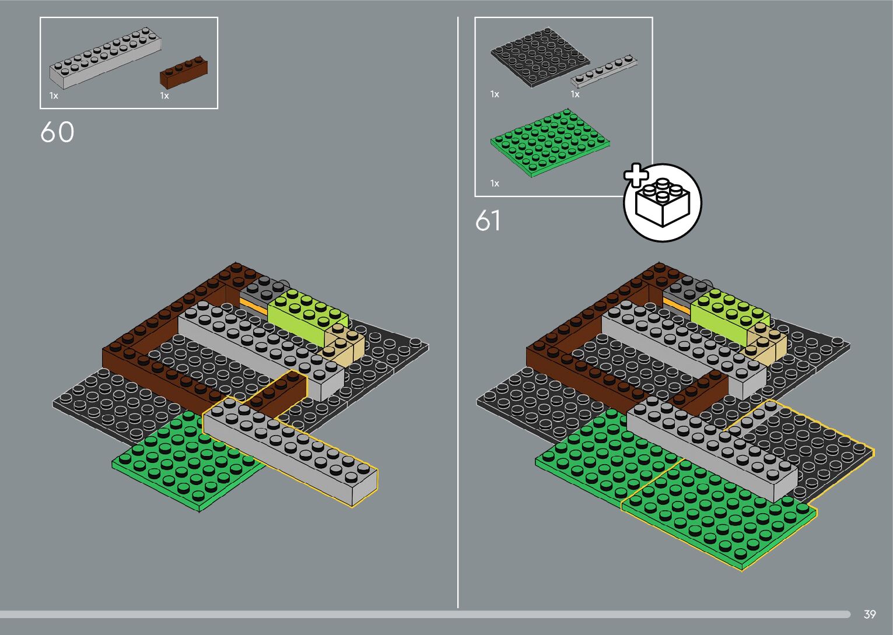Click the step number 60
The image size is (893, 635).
pos(57,132)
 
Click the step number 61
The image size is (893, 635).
pos(488,221)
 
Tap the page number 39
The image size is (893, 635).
pos(870,614)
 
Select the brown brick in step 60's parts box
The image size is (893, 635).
pos(183,72)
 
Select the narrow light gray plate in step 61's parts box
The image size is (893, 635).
pos(604,71)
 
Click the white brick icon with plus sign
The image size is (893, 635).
pos(662,202)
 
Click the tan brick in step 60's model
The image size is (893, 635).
pos(344,345)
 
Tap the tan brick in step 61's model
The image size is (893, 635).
pos(767,345)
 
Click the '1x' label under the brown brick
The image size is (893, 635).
pos(164,96)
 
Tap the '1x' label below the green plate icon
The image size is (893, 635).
pos(495,184)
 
